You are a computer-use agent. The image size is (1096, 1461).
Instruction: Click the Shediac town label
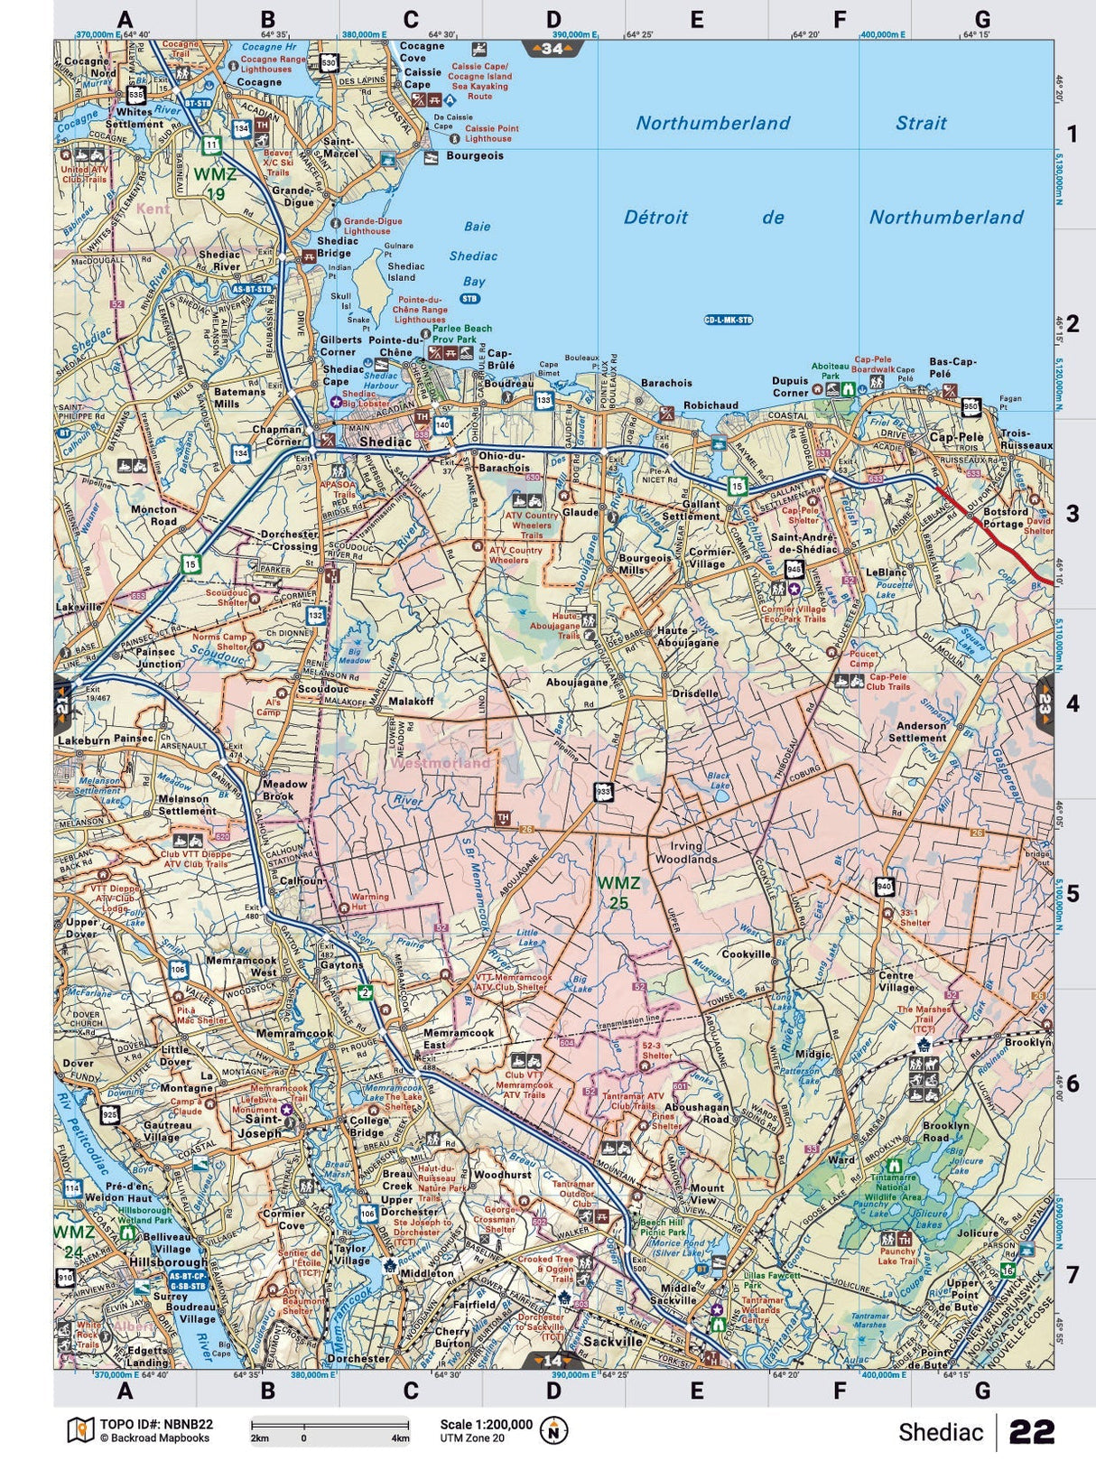point(385,442)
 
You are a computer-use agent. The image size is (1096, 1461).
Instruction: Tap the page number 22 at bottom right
point(1032,1432)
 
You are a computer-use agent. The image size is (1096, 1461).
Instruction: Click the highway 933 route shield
point(603,792)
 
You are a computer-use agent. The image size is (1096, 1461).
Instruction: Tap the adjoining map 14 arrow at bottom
point(552,1360)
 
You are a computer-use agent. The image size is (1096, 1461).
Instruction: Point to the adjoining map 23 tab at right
point(1045,703)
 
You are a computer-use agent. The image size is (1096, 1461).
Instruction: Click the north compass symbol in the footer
point(553,1430)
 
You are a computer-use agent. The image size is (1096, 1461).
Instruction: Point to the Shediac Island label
point(405,272)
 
